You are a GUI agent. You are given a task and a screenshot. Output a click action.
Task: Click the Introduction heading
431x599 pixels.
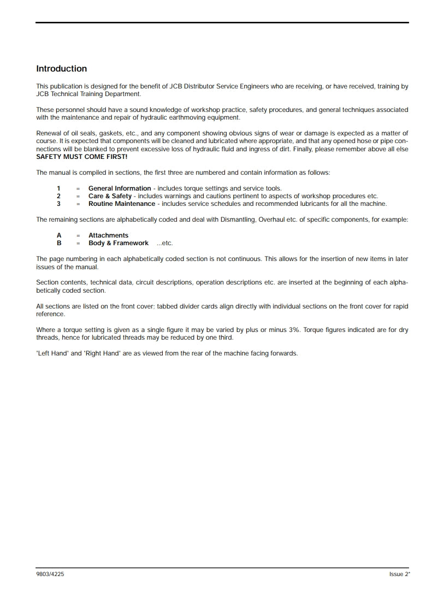point(61,69)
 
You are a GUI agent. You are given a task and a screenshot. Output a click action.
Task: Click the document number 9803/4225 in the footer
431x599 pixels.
point(49,574)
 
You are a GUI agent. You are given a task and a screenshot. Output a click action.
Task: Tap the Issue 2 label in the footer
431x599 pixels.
point(399,574)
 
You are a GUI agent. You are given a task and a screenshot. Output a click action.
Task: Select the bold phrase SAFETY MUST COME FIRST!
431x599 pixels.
point(81,157)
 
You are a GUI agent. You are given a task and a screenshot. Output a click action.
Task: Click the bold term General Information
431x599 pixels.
point(120,188)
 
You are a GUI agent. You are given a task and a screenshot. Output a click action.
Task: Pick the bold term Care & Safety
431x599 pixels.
point(110,196)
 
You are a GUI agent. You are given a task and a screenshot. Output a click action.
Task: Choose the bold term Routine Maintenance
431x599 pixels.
point(122,204)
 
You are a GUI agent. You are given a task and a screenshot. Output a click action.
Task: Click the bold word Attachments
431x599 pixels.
point(109,235)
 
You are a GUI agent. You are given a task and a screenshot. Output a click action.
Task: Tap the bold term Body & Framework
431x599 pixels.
point(119,243)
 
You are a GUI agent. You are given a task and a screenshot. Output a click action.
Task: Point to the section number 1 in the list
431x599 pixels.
point(58,188)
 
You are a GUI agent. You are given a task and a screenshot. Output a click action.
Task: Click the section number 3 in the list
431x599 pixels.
point(58,204)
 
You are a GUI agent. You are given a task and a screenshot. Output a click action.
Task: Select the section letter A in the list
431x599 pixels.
point(59,235)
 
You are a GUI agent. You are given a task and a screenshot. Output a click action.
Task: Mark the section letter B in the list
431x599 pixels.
point(59,243)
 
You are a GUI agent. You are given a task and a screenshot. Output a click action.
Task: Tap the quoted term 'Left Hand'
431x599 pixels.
point(51,353)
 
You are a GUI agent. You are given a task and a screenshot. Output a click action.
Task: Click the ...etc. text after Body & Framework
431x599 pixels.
point(164,244)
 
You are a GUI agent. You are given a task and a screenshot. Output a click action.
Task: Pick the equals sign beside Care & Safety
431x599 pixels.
point(78,196)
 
